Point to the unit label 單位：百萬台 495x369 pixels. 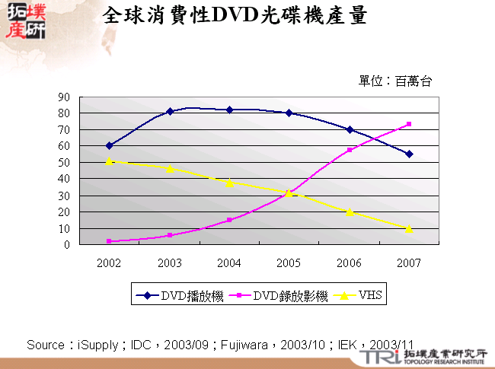pyautogui.click(x=395, y=81)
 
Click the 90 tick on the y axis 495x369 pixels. pyautogui.click(x=64, y=97)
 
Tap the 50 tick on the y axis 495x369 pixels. pyautogui.click(x=64, y=162)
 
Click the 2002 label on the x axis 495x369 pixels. pyautogui.click(x=109, y=262)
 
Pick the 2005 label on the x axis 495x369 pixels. pyautogui.click(x=289, y=262)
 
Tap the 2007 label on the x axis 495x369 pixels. pyautogui.click(x=409, y=262)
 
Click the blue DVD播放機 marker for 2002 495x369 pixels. pyautogui.click(x=109, y=145)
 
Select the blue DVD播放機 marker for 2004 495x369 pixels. pyautogui.click(x=229, y=110)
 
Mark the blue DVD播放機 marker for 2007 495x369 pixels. pyautogui.click(x=409, y=154)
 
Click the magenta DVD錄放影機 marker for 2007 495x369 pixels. pyautogui.click(x=409, y=124)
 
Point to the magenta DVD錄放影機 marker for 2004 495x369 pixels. pyautogui.click(x=229, y=220)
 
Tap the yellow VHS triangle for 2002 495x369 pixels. pyautogui.click(x=109, y=161)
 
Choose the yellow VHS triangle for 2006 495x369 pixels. pyautogui.click(x=349, y=212)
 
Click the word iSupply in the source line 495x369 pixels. pyautogui.click(x=97, y=345)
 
